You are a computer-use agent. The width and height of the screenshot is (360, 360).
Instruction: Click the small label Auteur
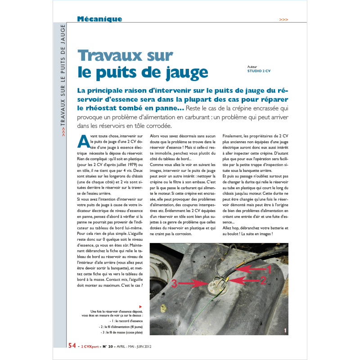coord(252,66)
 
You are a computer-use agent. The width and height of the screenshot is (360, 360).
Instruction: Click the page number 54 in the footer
coord(72,346)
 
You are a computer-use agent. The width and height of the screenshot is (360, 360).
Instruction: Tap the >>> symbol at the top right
coord(283,20)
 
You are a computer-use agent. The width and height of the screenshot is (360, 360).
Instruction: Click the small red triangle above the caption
coord(140,306)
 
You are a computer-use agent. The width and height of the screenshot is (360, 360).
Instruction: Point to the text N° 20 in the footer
coord(107,346)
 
